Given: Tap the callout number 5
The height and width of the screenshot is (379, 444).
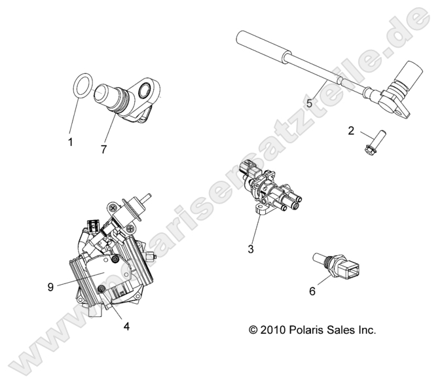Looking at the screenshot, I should (x=308, y=103).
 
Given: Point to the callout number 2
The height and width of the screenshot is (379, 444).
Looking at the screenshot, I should (x=351, y=131).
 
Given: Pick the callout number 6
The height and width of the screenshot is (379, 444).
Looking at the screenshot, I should (x=312, y=291).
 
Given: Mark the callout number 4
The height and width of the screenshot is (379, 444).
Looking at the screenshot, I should (x=126, y=325).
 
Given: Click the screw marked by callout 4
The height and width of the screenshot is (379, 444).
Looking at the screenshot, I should (x=102, y=290).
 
